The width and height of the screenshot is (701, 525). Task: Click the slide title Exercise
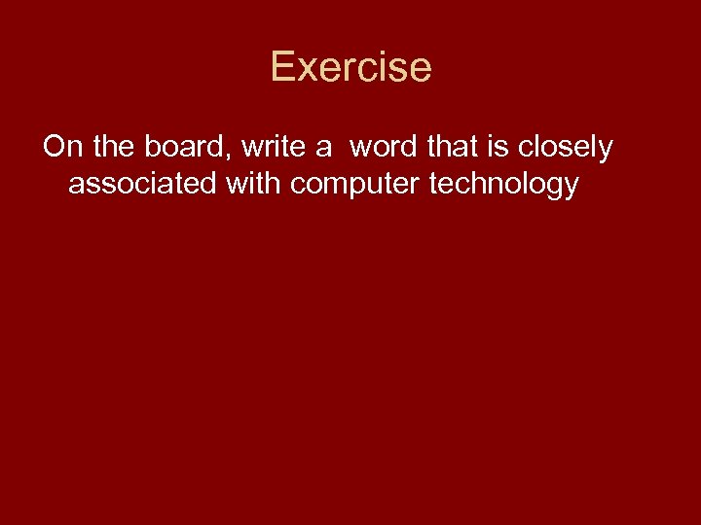coord(350,67)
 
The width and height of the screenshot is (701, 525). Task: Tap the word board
coord(179,147)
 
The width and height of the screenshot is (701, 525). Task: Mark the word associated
coord(143,184)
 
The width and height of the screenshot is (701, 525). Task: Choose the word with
coord(255,184)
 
